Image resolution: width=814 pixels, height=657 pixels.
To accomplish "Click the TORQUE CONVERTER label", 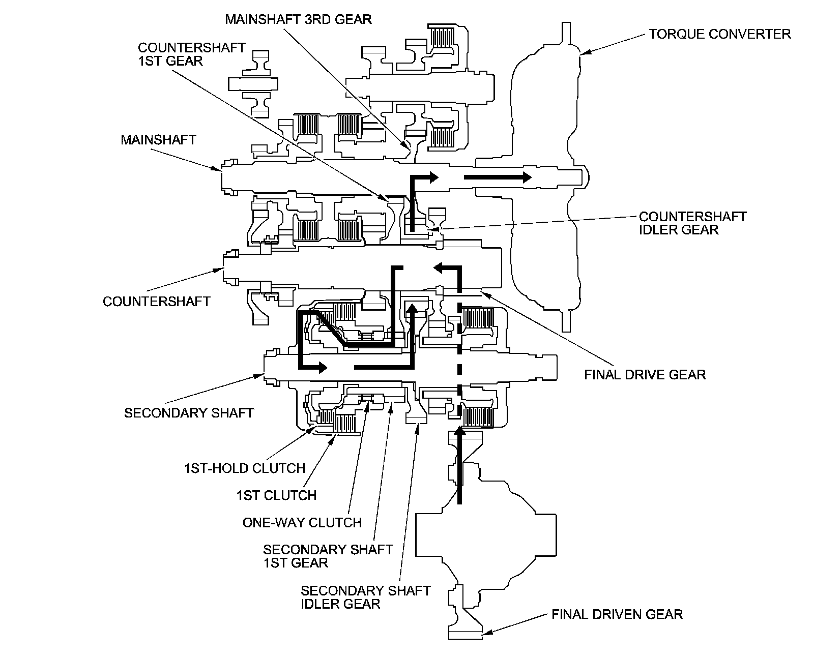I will tap(719, 34).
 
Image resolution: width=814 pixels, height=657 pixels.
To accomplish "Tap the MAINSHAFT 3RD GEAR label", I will tap(298, 19).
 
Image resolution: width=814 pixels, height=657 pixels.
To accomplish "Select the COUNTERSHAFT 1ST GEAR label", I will tap(191, 54).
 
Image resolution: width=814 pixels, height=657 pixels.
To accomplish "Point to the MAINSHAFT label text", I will tap(158, 139).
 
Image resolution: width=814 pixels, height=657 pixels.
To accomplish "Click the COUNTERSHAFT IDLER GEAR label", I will tap(692, 223).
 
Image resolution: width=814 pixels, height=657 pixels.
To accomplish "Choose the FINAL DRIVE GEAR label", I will tap(645, 375).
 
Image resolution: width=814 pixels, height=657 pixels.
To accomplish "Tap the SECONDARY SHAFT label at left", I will tap(189, 412).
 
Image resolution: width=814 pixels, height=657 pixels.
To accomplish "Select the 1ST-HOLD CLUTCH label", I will tap(244, 468).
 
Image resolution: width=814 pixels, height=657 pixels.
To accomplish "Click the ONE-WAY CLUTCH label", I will tap(302, 522).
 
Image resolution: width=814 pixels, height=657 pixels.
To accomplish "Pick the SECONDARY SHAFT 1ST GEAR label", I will tap(328, 556).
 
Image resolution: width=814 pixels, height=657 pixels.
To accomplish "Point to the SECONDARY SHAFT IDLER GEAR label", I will tap(365, 597).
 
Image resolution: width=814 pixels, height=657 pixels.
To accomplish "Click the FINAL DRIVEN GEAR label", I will tap(617, 614).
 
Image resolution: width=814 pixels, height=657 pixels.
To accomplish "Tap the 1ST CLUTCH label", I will tap(276, 495).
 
